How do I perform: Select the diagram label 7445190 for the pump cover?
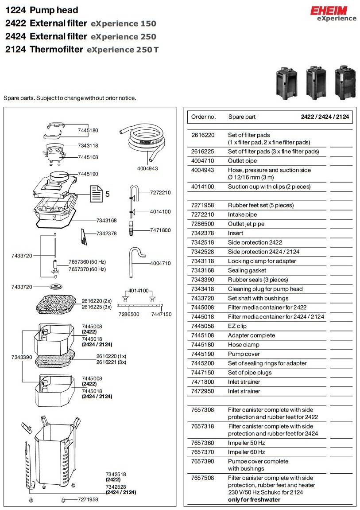click(x=88, y=174)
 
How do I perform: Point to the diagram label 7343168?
click(x=106, y=220)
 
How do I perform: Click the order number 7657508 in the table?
click(x=202, y=478)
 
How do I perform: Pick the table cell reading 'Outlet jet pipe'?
click(x=246, y=224)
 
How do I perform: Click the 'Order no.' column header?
click(x=203, y=117)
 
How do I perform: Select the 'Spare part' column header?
click(x=242, y=117)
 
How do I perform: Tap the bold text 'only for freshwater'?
click(x=254, y=499)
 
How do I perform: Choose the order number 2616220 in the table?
click(x=202, y=135)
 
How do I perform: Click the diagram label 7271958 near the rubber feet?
click(x=88, y=499)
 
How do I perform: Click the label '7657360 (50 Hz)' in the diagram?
click(x=87, y=262)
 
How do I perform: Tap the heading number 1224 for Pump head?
click(x=15, y=10)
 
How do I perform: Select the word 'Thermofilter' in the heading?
click(x=56, y=50)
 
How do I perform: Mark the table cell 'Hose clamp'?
click(x=244, y=345)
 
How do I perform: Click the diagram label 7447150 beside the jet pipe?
click(x=161, y=314)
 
